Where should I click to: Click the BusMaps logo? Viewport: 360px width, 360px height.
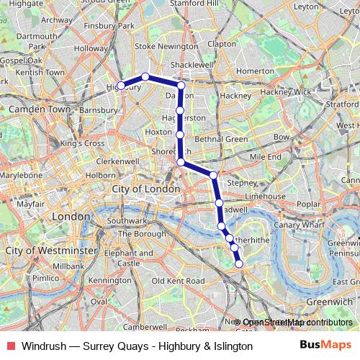pyautogui.click(x=325, y=345)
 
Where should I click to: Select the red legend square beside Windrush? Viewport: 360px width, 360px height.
pyautogui.click(x=10, y=346)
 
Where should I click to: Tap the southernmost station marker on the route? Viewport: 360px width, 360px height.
pyautogui.click(x=239, y=264)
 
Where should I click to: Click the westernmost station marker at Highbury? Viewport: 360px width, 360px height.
pyautogui.click(x=121, y=86)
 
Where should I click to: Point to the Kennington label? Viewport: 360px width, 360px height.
pyautogui.click(x=112, y=280)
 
